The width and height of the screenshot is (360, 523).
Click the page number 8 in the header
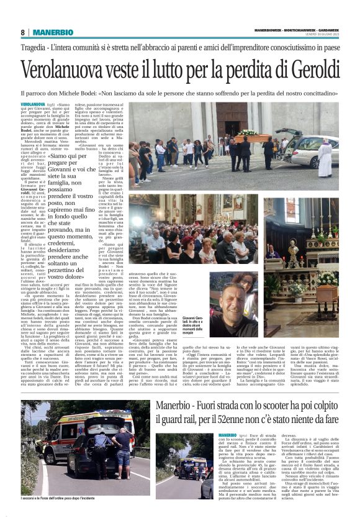click(22, 32)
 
